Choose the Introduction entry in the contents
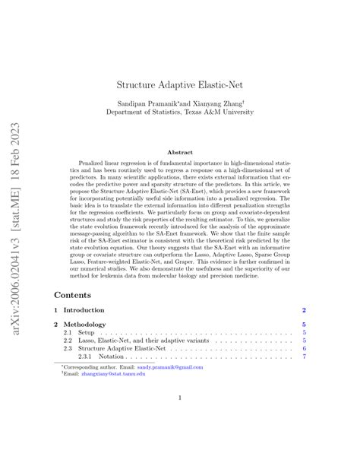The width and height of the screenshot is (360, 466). tap(84, 310)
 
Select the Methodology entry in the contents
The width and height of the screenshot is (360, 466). tap(85, 325)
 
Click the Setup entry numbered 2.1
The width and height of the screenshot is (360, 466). tap(85, 333)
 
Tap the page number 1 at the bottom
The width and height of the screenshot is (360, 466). tap(179, 417)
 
